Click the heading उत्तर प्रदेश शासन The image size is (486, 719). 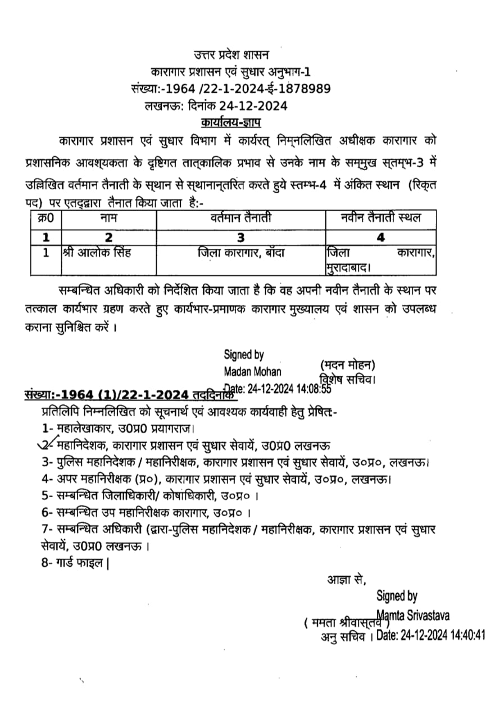(231, 55)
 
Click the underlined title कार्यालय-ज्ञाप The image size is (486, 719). (230, 122)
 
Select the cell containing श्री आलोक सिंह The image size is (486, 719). (97, 252)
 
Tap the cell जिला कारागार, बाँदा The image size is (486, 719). (240, 252)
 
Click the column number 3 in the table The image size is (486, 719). (240, 237)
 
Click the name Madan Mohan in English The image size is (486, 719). (253, 371)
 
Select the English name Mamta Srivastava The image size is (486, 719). (414, 616)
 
